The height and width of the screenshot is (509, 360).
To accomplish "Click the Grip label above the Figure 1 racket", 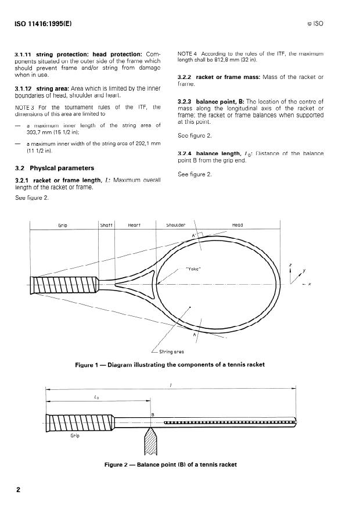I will [62, 225].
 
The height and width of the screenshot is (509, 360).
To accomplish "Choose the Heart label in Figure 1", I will [134, 225].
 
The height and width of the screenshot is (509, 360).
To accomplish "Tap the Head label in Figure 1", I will [237, 225].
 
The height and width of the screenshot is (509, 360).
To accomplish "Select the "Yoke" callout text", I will [193, 268].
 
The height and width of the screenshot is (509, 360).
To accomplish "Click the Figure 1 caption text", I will [170, 364].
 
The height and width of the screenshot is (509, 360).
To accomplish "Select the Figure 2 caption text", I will [170, 464].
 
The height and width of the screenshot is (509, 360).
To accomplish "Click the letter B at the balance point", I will [153, 414].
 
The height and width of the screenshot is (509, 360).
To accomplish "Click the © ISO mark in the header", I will [333, 24].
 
